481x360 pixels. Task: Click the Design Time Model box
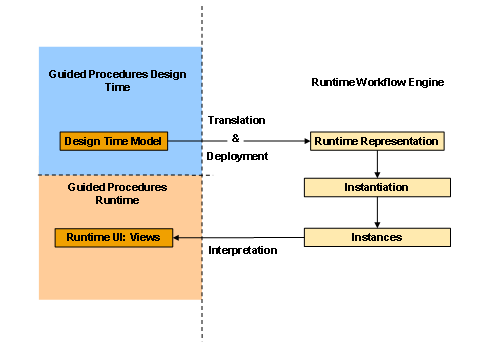(113, 140)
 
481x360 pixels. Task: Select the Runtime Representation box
(376, 141)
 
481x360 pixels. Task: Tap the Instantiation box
(376, 187)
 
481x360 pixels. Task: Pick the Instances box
(376, 237)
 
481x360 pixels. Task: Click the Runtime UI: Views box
(113, 237)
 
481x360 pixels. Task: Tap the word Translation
(237, 119)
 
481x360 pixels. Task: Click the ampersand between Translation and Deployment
(237, 138)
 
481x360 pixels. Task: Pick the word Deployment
(237, 157)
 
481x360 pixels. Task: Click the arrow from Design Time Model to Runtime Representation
(240, 141)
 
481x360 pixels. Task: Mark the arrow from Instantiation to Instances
(376, 212)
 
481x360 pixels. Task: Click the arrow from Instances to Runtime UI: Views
(240, 237)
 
